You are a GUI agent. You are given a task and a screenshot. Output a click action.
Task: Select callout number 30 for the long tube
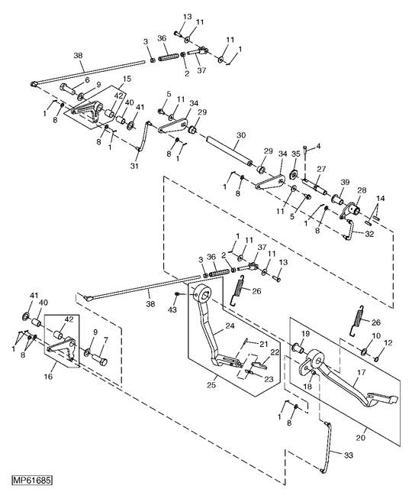pos(241,135)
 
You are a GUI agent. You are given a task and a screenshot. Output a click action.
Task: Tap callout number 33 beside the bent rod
pos(349,455)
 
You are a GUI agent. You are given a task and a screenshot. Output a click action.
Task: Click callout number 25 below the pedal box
pos(211,384)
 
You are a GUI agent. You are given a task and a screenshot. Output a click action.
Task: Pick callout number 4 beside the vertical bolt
pos(318,147)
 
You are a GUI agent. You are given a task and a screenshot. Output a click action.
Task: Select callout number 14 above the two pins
pos(381,199)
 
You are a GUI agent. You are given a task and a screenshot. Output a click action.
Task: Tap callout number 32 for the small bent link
pos(369,234)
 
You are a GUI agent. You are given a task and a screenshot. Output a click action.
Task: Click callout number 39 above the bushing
pos(345,183)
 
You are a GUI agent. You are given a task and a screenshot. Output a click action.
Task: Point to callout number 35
pos(296,154)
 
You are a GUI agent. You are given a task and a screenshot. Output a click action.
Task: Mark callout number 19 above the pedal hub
pos(305,334)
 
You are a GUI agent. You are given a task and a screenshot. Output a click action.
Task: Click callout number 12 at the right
pos(388,343)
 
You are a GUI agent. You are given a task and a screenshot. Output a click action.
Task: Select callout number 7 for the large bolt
pos(105,340)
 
